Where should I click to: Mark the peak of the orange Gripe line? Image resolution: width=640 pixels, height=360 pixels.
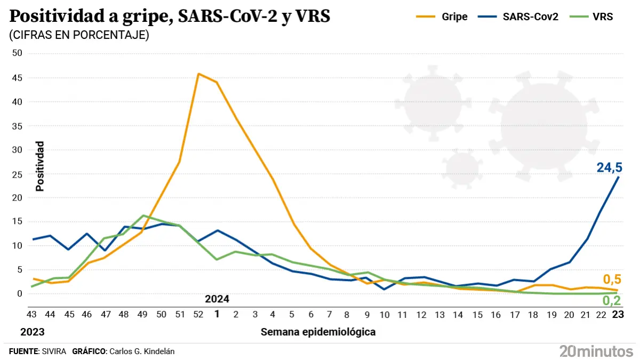tap(198, 74)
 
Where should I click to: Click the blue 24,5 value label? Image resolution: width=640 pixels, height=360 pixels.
tap(609, 168)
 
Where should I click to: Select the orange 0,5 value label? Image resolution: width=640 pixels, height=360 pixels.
tap(612, 279)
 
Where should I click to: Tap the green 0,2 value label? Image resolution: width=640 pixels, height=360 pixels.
tap(612, 301)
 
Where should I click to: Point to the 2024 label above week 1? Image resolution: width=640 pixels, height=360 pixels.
tap(217, 299)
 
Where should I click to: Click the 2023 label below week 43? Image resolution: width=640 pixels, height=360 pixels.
tap(32, 332)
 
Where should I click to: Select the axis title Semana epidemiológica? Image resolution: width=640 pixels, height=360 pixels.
tap(318, 332)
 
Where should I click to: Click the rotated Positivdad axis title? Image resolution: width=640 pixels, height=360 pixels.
tap(40, 166)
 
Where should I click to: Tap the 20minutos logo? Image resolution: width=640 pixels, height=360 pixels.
tap(596, 351)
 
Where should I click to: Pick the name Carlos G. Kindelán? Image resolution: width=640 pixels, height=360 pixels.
tap(141, 351)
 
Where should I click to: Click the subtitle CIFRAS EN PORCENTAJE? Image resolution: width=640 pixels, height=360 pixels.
tap(79, 35)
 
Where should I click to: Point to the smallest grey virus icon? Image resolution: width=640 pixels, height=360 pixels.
tap(461, 169)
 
